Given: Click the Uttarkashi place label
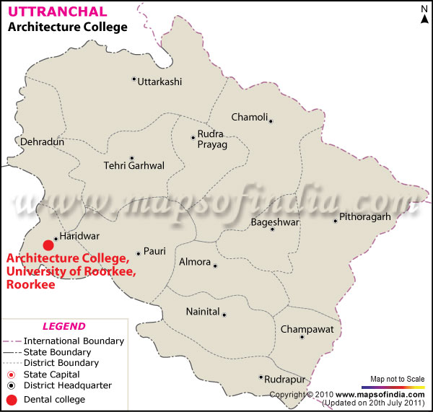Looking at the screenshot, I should (159, 82).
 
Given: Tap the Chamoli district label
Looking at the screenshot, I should (249, 117).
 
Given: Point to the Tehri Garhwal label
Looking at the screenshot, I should (134, 166).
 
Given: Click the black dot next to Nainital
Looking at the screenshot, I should (224, 315).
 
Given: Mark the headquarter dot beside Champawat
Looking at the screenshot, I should (302, 337).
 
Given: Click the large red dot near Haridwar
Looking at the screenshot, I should (48, 245).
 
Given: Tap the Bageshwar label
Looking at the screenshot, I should (274, 222).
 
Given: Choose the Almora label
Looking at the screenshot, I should (194, 262).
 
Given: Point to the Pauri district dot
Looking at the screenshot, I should (138, 253).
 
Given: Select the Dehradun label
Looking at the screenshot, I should (42, 142).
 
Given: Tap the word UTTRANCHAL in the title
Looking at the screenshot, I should (57, 12).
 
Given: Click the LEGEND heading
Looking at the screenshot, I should (64, 326).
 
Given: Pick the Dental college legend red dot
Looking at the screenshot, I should (11, 399).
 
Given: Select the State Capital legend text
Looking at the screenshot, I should (52, 374).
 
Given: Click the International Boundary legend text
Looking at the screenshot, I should (74, 341).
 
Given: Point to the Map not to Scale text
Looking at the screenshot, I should (397, 378).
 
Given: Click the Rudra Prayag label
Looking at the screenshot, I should (213, 139).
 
